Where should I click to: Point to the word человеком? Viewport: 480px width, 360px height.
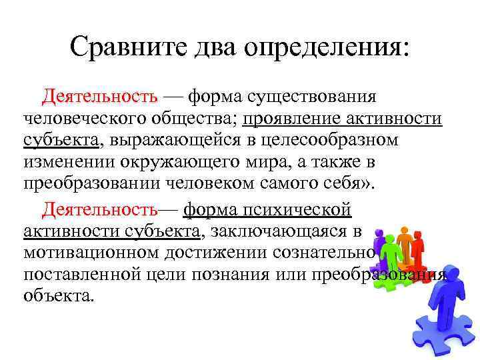(x=237, y=185)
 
